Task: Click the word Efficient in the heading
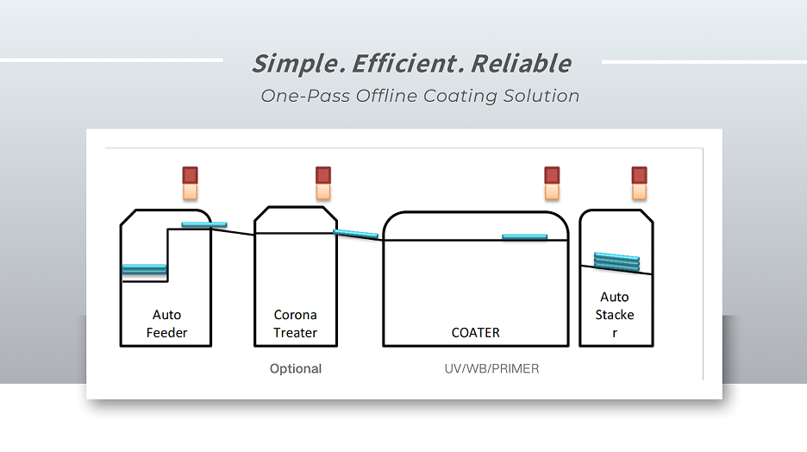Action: point(392,64)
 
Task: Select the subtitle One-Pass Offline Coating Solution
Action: point(420,96)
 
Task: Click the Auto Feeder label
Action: point(166,323)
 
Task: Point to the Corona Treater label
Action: point(296,323)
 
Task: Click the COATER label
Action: point(475,332)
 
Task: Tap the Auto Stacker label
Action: point(616,315)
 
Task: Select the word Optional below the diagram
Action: point(296,369)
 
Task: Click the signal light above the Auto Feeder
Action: point(190,183)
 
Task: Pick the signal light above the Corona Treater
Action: point(323,183)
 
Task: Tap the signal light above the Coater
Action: point(552,183)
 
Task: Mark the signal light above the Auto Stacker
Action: point(639,183)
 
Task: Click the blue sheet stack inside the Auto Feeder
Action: point(144,269)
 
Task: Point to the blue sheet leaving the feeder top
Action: point(204,225)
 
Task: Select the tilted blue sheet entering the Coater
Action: point(355,233)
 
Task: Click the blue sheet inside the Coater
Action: point(524,237)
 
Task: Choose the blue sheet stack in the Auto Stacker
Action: point(617,261)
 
